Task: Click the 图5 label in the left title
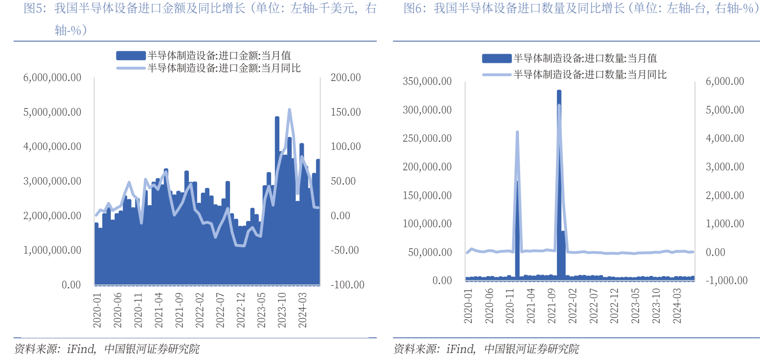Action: tap(31, 9)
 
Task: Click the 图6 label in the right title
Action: tap(413, 9)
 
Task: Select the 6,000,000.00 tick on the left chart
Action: tap(52, 78)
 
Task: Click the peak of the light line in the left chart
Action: tap(290, 110)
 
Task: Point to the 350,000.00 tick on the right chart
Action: tap(427, 82)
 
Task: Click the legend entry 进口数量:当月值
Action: tap(585, 58)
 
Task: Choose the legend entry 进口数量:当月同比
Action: tap(589, 74)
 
